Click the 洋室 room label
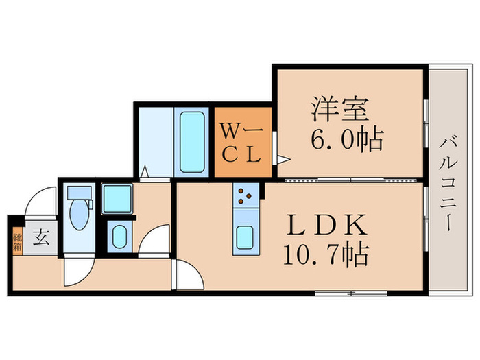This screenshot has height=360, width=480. pyautogui.click(x=341, y=110)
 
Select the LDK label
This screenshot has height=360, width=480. pyautogui.click(x=325, y=226)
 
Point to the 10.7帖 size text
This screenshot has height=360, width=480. pyautogui.click(x=325, y=256)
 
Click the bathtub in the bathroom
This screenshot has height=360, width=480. pyautogui.click(x=191, y=142)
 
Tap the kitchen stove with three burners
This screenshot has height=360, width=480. pyautogui.click(x=245, y=198)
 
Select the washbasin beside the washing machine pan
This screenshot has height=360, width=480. pyautogui.click(x=118, y=237)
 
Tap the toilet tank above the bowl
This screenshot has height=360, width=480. pyautogui.click(x=79, y=192)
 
